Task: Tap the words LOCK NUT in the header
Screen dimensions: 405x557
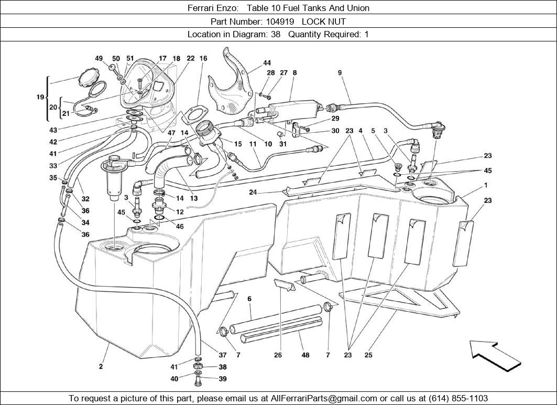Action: pos(323,22)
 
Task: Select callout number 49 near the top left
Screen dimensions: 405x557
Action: pos(99,59)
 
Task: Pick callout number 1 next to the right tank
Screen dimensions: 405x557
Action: pos(486,185)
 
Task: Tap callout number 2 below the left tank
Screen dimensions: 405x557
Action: pos(101,366)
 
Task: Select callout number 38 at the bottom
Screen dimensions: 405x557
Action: pos(223,367)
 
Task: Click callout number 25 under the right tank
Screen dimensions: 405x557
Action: pos(368,355)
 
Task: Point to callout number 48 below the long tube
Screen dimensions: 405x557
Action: pos(305,355)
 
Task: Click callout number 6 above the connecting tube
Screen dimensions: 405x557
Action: pos(249,299)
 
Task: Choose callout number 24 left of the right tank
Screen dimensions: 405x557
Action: pos(253,192)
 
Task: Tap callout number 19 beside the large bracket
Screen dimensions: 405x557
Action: pos(39,97)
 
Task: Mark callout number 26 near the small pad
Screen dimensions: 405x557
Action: pos(278,355)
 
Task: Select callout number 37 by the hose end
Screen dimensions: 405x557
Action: pos(223,355)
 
